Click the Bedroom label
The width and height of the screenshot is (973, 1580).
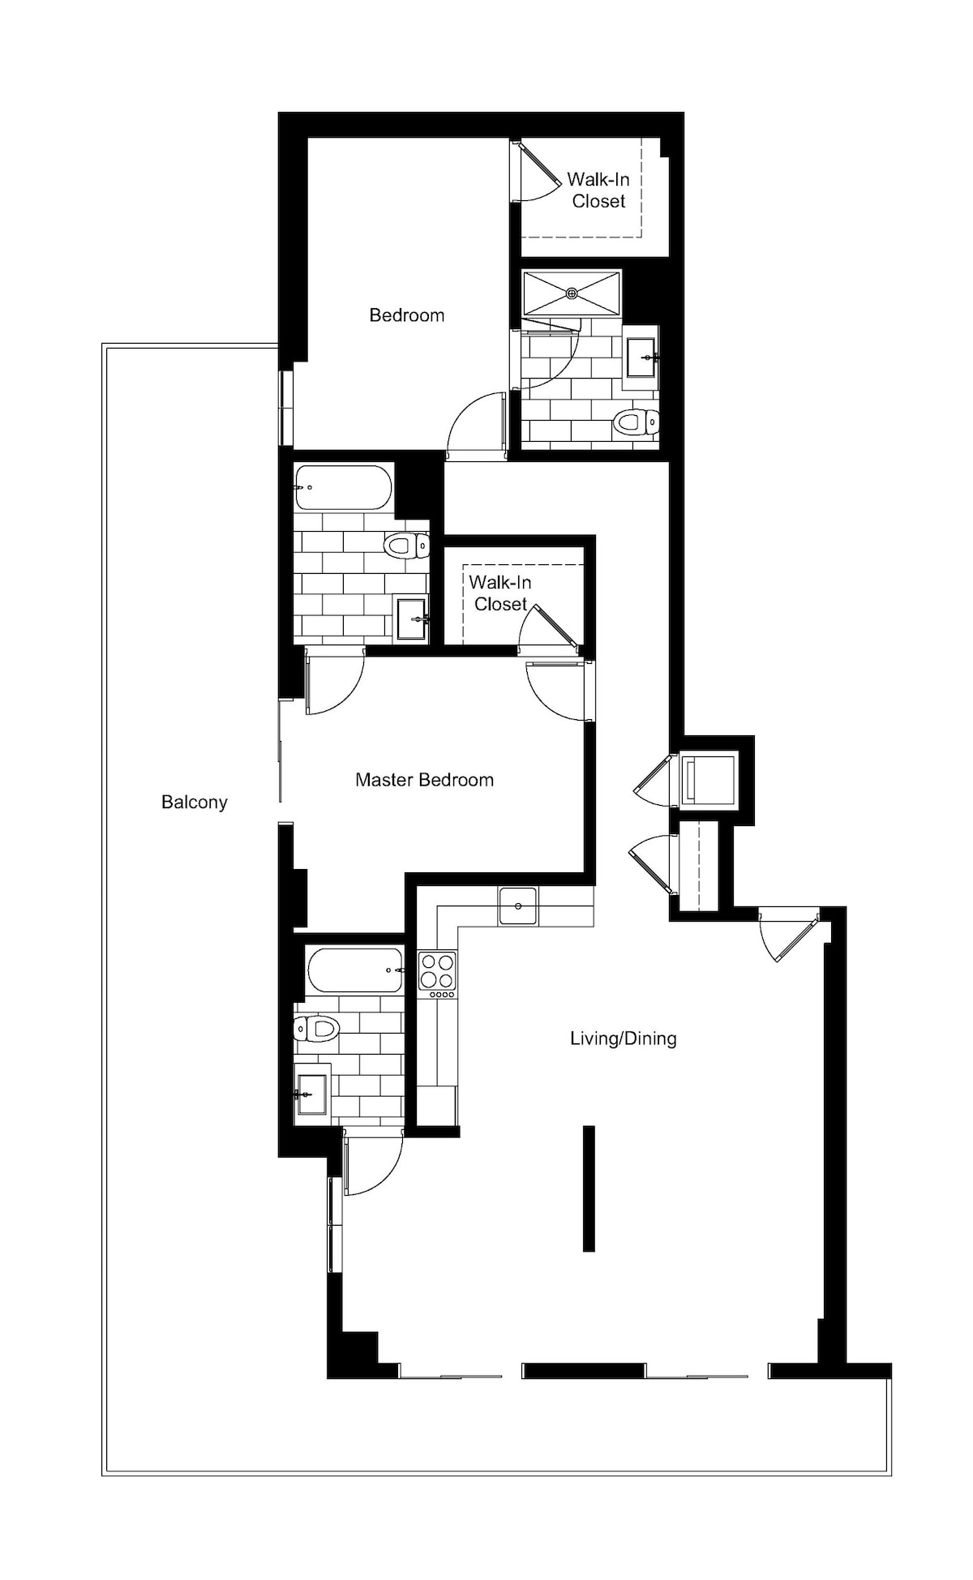[x=406, y=315]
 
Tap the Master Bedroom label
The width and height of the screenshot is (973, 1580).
[x=424, y=780]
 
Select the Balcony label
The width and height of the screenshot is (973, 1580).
[x=194, y=802]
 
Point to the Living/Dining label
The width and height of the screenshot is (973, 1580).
[x=623, y=1038]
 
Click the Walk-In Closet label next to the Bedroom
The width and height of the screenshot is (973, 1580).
[x=598, y=190]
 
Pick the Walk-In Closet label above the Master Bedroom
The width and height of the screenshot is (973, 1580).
[x=500, y=593]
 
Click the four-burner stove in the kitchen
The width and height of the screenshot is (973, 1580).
[x=437, y=974]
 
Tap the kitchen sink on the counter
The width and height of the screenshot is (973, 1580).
[x=518, y=906]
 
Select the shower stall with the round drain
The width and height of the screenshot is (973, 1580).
[x=572, y=292]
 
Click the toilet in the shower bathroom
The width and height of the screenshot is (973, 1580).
[x=636, y=422]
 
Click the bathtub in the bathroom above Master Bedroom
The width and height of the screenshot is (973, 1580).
[x=343, y=487]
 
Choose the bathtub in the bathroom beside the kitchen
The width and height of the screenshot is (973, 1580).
[x=355, y=970]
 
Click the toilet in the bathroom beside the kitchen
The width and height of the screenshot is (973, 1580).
[x=316, y=1029]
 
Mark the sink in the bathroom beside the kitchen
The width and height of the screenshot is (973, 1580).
[x=312, y=1094]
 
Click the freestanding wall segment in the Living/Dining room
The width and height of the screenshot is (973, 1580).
[x=589, y=1188]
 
